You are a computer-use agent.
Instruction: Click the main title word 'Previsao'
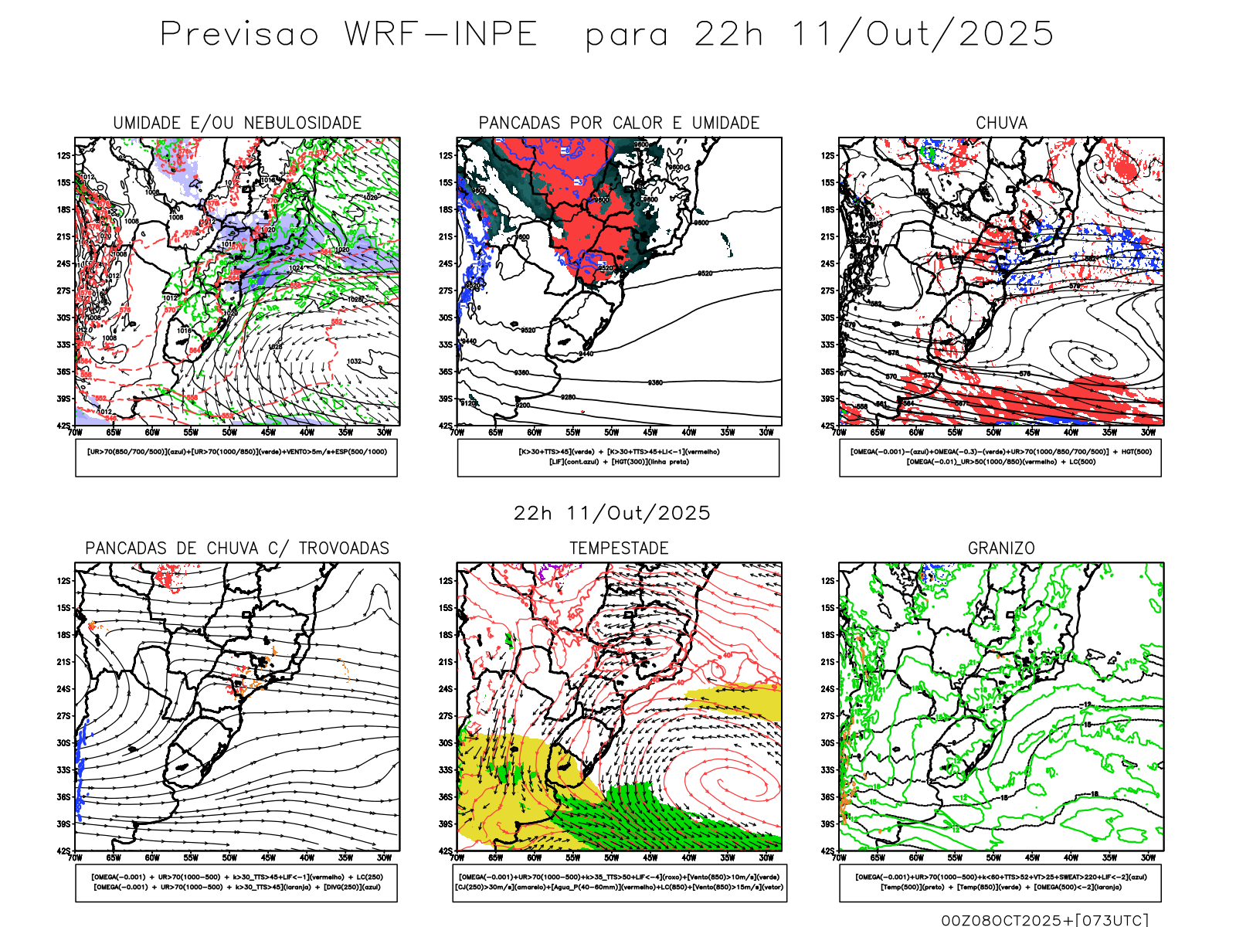239,35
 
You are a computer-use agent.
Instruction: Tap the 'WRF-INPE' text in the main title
440,35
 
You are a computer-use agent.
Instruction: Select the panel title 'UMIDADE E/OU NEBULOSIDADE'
237,123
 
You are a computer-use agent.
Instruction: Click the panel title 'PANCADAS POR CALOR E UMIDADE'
619,123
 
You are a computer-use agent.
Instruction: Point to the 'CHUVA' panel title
1001,123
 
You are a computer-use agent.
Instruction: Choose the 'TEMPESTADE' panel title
619,548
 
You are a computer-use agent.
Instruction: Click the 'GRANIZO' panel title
1001,548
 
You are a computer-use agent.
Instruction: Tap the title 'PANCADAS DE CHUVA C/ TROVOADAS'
237,548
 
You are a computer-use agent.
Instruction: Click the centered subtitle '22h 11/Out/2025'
612,513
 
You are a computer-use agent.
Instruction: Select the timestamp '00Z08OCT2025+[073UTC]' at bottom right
1044,919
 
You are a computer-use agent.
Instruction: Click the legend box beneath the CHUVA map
1000,457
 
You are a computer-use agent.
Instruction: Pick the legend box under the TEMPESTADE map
620,882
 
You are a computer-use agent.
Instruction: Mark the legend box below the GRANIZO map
1000,882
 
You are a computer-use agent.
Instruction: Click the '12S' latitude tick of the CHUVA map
828,155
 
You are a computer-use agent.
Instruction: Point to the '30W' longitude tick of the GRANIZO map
1149,857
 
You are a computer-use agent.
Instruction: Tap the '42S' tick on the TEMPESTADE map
446,851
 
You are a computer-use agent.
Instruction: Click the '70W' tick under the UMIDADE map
75,433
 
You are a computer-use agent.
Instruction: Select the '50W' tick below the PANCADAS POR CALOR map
612,433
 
